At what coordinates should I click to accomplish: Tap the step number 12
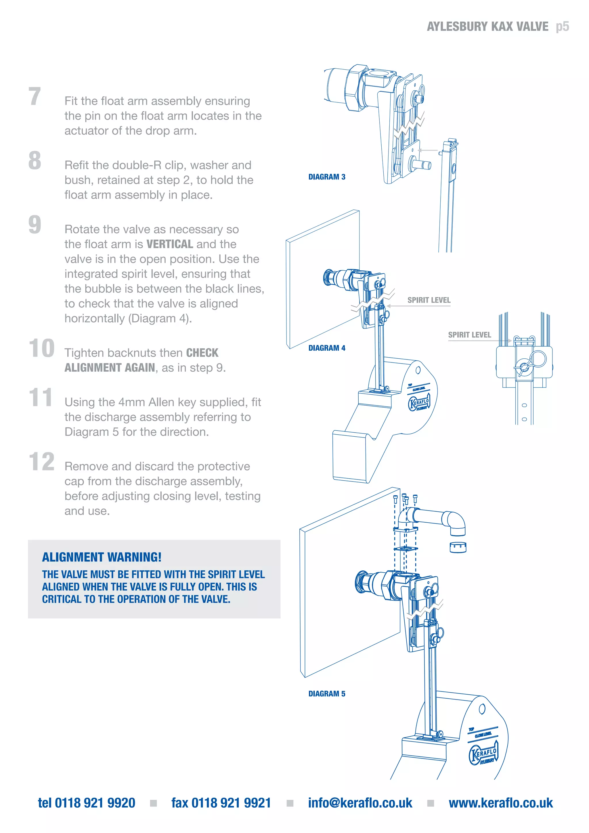41,462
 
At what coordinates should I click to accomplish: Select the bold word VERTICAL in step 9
169,244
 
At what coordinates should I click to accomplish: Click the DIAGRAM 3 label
326,177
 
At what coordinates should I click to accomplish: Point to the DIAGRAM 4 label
326,348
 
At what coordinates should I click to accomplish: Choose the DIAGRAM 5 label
326,694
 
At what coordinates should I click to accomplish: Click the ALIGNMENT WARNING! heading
102,557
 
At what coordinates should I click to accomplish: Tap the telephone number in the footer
87,803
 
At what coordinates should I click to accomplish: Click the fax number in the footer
221,803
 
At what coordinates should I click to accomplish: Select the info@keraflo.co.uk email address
360,803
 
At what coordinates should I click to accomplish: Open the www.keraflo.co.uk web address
500,803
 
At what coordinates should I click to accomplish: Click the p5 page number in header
562,26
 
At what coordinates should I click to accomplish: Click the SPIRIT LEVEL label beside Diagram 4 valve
429,300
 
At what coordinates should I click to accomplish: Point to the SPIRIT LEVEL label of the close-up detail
469,335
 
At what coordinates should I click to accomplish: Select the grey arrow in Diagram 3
428,150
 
